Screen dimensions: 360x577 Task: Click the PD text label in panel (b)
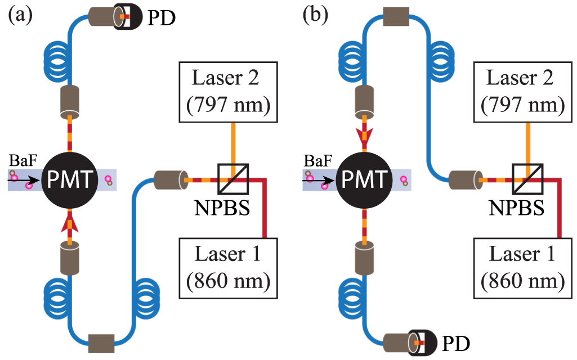455,341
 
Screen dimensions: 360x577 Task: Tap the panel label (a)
19,15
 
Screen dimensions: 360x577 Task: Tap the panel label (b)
314,15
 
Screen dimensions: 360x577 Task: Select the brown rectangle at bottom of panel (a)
101,340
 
